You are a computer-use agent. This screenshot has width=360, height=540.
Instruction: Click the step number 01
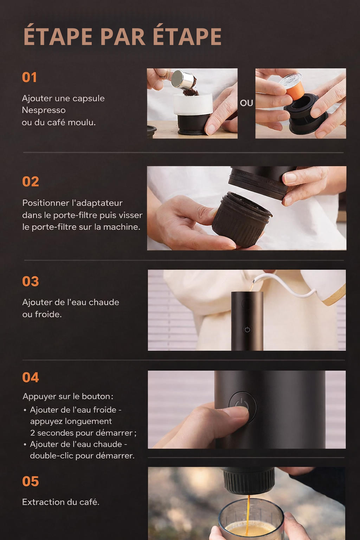pyautogui.click(x=30, y=77)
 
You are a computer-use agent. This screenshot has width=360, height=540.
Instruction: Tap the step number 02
pyautogui.click(x=31, y=181)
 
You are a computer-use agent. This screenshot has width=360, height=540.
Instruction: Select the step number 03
pyautogui.click(x=31, y=281)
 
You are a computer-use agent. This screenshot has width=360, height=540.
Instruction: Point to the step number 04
pyautogui.click(x=31, y=377)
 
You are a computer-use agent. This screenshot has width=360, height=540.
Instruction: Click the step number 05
pyautogui.click(x=31, y=481)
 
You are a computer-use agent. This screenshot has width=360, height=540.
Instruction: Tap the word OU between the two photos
pyautogui.click(x=246, y=103)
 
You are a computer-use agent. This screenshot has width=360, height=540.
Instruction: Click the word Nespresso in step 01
pyautogui.click(x=44, y=110)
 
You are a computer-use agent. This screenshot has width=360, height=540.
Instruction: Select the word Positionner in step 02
pyautogui.click(x=46, y=203)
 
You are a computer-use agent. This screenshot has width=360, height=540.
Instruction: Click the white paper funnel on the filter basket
pyautogui.click(x=193, y=104)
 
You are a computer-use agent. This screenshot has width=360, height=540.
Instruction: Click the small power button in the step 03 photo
pyautogui.click(x=247, y=329)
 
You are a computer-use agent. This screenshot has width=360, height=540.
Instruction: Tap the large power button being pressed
pyautogui.click(x=243, y=407)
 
